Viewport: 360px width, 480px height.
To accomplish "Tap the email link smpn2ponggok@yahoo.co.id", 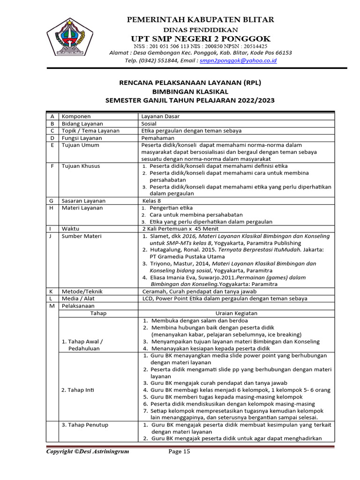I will point(238,60).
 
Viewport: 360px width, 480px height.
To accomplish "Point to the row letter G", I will point(51,201).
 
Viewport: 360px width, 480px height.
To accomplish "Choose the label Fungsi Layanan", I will point(81,138).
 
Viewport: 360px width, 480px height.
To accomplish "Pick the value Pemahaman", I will point(158,138).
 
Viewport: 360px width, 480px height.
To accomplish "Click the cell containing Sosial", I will point(150,124).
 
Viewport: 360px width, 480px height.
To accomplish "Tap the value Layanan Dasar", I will point(160,116).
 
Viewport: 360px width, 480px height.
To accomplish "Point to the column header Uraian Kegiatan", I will point(236,313).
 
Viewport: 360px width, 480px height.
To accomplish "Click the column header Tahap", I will point(98,313).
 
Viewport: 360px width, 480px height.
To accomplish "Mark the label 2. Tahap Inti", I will point(78,390).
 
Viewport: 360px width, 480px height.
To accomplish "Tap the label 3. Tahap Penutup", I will point(85,425).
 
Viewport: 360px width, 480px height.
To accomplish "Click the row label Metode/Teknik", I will point(82,291).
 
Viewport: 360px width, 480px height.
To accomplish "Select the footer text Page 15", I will point(180,452).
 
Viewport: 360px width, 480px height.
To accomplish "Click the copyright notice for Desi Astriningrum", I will point(87,452).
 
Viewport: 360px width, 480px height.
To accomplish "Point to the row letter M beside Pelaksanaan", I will point(51,306).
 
